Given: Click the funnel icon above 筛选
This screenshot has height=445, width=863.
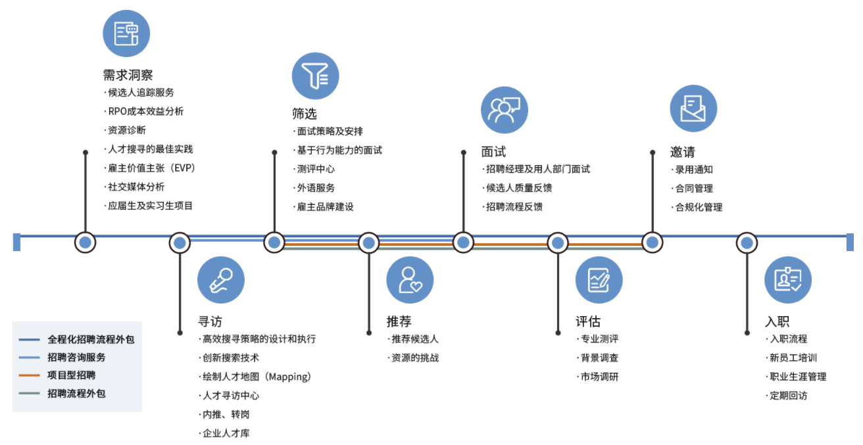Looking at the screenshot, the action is pyautogui.click(x=315, y=76).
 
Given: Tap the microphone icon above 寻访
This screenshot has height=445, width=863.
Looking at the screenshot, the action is pyautogui.click(x=221, y=280).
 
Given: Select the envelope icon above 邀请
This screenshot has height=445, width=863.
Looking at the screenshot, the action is pyautogui.click(x=693, y=108).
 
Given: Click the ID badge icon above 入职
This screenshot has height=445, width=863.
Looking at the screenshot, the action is pyautogui.click(x=788, y=280).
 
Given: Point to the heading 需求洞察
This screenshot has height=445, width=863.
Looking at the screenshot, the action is pyautogui.click(x=128, y=75).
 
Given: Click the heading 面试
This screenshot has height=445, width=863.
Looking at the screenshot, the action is pyautogui.click(x=493, y=152).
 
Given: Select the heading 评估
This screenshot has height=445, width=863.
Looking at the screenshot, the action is pyautogui.click(x=588, y=321).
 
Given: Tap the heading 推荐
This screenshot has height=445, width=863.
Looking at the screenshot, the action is pyautogui.click(x=399, y=321).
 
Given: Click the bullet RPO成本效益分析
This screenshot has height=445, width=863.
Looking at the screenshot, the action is pyautogui.click(x=143, y=111).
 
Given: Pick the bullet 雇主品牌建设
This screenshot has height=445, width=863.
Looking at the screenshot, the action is pyautogui.click(x=323, y=206).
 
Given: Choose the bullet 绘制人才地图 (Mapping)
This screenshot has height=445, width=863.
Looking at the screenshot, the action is pyautogui.click(x=255, y=377).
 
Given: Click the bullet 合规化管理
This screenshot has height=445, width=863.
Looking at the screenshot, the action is pyautogui.click(x=697, y=207).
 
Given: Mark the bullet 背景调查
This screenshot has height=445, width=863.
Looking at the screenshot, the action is pyautogui.click(x=597, y=358).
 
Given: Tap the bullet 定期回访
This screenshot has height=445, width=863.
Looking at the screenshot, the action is pyautogui.click(x=786, y=395).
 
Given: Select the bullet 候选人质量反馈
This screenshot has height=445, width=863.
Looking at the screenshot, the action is pyautogui.click(x=517, y=188).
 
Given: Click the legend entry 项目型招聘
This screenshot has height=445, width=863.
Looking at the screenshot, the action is pyautogui.click(x=71, y=375).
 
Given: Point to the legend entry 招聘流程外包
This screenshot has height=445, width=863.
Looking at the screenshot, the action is pyautogui.click(x=76, y=394).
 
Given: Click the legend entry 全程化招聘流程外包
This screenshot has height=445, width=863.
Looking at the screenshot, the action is pyautogui.click(x=91, y=339).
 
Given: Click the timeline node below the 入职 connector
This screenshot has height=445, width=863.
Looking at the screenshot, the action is pyautogui.click(x=747, y=243).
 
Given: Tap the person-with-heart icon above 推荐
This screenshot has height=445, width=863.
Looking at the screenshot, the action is pyautogui.click(x=410, y=280).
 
